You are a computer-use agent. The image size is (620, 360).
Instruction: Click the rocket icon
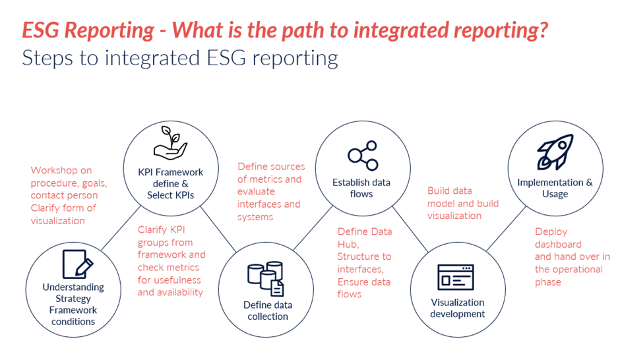pos(555,152)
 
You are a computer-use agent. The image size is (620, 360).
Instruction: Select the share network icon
pos(363,156)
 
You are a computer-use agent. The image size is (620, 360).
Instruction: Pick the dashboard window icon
pos(456,277)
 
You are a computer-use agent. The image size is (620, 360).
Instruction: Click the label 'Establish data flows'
pos(361,188)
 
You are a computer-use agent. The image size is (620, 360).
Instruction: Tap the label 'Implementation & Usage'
pos(555,188)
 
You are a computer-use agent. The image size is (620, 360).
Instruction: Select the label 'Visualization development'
pos(457,308)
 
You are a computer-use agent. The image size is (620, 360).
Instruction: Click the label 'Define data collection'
pos(267,311)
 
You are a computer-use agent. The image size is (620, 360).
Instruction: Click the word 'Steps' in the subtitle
pos(46,57)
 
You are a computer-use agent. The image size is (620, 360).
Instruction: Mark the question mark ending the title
pos(543,30)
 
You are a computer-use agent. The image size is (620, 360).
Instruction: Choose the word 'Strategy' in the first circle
pos(73,299)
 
